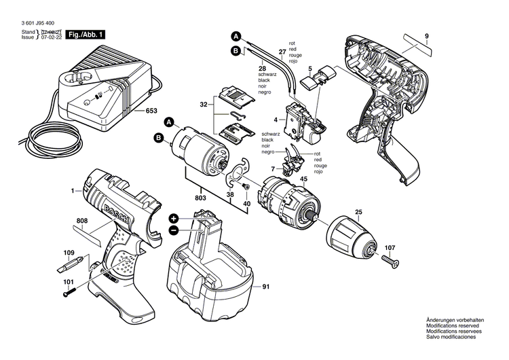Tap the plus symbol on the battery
coord(174,219)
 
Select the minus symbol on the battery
coord(174,230)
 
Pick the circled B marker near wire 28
coord(235,51)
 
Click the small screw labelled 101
coord(69,292)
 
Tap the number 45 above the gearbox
coord(303,179)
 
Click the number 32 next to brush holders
coord(203,106)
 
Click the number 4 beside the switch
coord(276,120)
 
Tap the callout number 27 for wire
coord(282,51)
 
